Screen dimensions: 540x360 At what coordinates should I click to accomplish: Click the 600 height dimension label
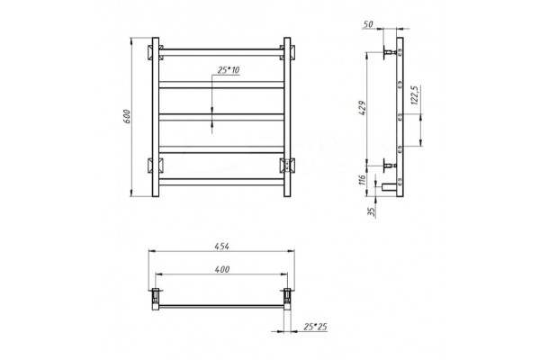tap(127, 116)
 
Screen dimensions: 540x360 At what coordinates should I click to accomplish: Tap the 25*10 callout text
tap(229, 70)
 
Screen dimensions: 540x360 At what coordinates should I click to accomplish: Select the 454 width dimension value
tap(221, 247)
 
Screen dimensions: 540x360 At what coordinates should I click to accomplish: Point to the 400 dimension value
tap(222, 269)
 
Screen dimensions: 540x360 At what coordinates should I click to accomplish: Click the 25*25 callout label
tap(315, 327)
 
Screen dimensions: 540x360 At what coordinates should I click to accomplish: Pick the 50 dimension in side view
tap(368, 24)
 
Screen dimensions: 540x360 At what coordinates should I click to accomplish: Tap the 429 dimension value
tap(363, 108)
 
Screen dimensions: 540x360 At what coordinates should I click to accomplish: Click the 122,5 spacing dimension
tap(414, 95)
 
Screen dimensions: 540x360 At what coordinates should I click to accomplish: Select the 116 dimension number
tap(362, 180)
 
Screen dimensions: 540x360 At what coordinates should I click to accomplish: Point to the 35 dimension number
tap(371, 211)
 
